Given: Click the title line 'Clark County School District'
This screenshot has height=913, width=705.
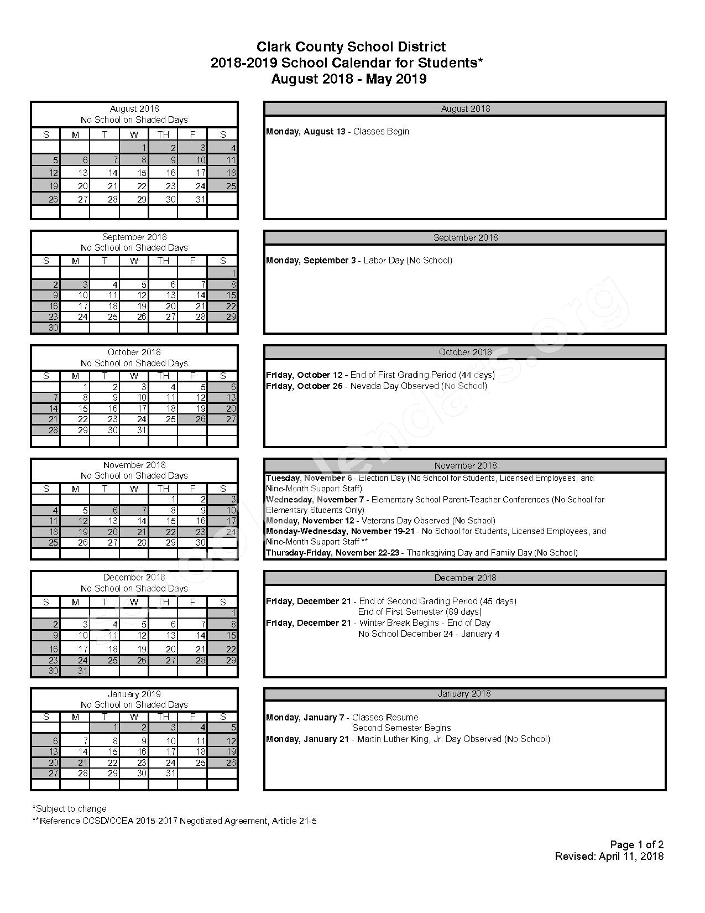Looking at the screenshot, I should tap(351, 47).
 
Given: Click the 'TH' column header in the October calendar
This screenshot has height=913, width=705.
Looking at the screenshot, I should tap(163, 376).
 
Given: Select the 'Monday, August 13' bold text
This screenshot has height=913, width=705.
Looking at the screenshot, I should tap(306, 132).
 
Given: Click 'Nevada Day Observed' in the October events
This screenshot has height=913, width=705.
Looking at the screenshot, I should tap(394, 386).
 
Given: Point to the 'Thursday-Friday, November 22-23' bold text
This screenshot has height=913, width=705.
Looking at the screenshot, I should tap(332, 553).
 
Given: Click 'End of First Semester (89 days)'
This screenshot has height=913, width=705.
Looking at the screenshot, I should tap(420, 612).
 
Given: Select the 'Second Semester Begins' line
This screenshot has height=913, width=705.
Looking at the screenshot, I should tap(401, 728).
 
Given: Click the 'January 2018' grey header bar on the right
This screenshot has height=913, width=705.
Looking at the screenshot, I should tap(465, 694).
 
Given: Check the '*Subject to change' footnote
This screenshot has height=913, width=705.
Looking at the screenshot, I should tap(70, 809).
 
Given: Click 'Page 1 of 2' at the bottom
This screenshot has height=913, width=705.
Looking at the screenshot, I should tap(636, 845).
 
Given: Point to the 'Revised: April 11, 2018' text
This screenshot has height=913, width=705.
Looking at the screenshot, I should tap(609, 857).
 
